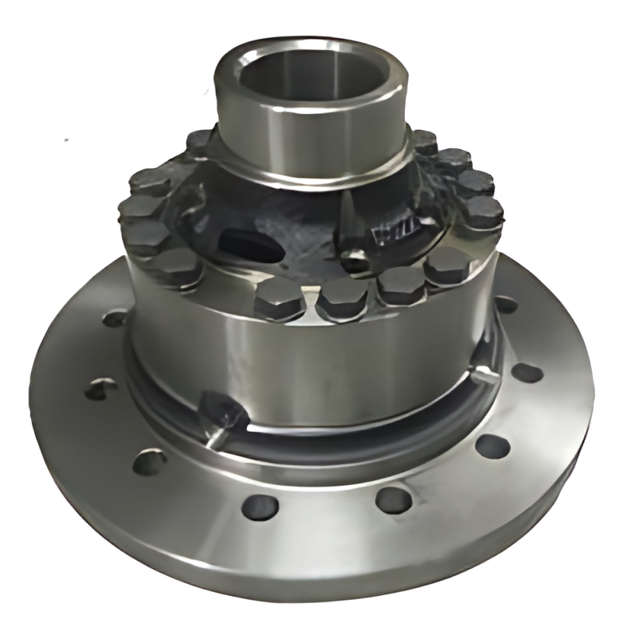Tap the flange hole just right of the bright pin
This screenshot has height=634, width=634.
tap(526, 372)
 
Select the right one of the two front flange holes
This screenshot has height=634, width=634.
tap(393, 500)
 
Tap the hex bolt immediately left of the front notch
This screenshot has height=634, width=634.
tap(278, 298)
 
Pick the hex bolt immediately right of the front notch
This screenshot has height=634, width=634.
tap(342, 296)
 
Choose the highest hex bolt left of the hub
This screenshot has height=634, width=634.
tap(201, 143)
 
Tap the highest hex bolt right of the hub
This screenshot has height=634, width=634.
tap(424, 142)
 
